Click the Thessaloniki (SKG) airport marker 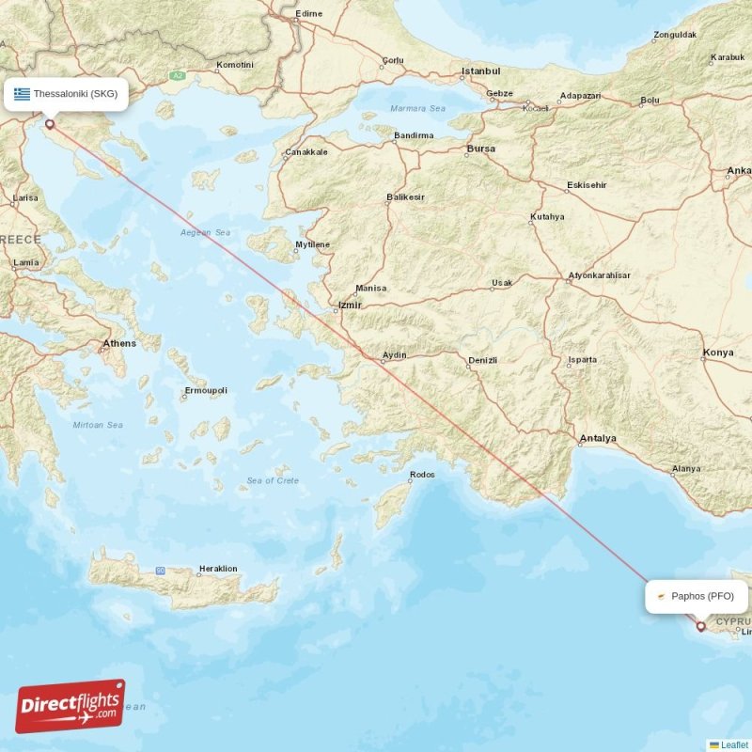(50, 123)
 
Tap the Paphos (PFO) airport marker (700, 625)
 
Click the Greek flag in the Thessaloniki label (22, 94)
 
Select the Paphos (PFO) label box (697, 596)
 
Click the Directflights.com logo (70, 706)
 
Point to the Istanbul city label (480, 71)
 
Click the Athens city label (119, 343)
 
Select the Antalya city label (598, 438)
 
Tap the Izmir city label (350, 305)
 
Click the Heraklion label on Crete (218, 569)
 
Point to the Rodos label (422, 475)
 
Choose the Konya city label (718, 353)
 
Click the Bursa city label (480, 149)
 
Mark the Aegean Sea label (204, 232)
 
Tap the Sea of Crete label (273, 480)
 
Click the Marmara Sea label (418, 108)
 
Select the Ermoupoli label (205, 390)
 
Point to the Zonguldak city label (674, 35)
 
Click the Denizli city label (482, 360)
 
